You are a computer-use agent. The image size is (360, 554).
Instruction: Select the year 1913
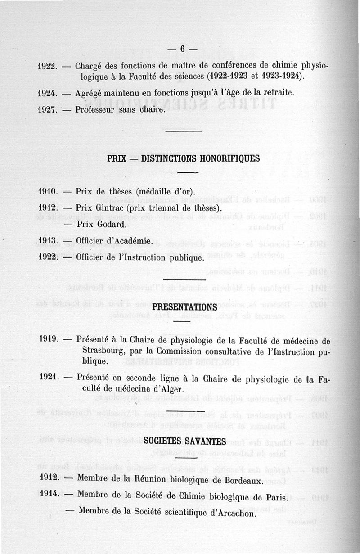tap(47, 241)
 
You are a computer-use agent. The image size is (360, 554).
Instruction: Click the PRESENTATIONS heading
tap(185, 307)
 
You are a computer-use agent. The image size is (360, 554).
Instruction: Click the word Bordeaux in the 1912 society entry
tap(242, 481)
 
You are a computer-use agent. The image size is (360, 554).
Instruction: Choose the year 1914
tap(49, 494)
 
